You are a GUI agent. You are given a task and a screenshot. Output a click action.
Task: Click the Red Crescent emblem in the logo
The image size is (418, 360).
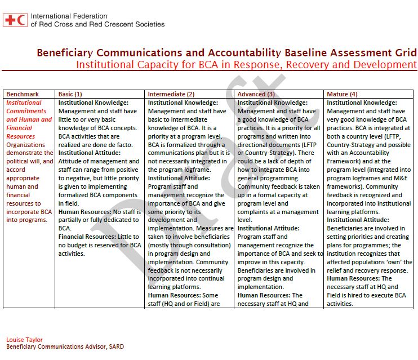(22, 20)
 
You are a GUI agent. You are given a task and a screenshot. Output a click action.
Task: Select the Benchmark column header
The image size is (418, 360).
(23, 94)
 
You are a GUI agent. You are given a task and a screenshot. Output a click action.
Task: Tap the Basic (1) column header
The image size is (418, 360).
(70, 94)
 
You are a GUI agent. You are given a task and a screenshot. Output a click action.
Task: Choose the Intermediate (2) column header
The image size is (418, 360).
(171, 94)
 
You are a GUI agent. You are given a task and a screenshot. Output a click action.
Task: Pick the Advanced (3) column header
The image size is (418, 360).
(256, 94)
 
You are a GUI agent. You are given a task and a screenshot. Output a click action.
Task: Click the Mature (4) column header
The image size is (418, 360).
(342, 94)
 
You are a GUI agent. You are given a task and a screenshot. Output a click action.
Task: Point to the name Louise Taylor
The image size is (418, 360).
(24, 340)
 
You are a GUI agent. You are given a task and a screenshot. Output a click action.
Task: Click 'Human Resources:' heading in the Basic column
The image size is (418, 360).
(83, 211)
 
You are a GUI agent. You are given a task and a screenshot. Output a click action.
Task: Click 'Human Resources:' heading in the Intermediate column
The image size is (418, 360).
(173, 295)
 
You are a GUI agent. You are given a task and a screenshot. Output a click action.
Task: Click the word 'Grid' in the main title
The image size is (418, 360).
(406, 53)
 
